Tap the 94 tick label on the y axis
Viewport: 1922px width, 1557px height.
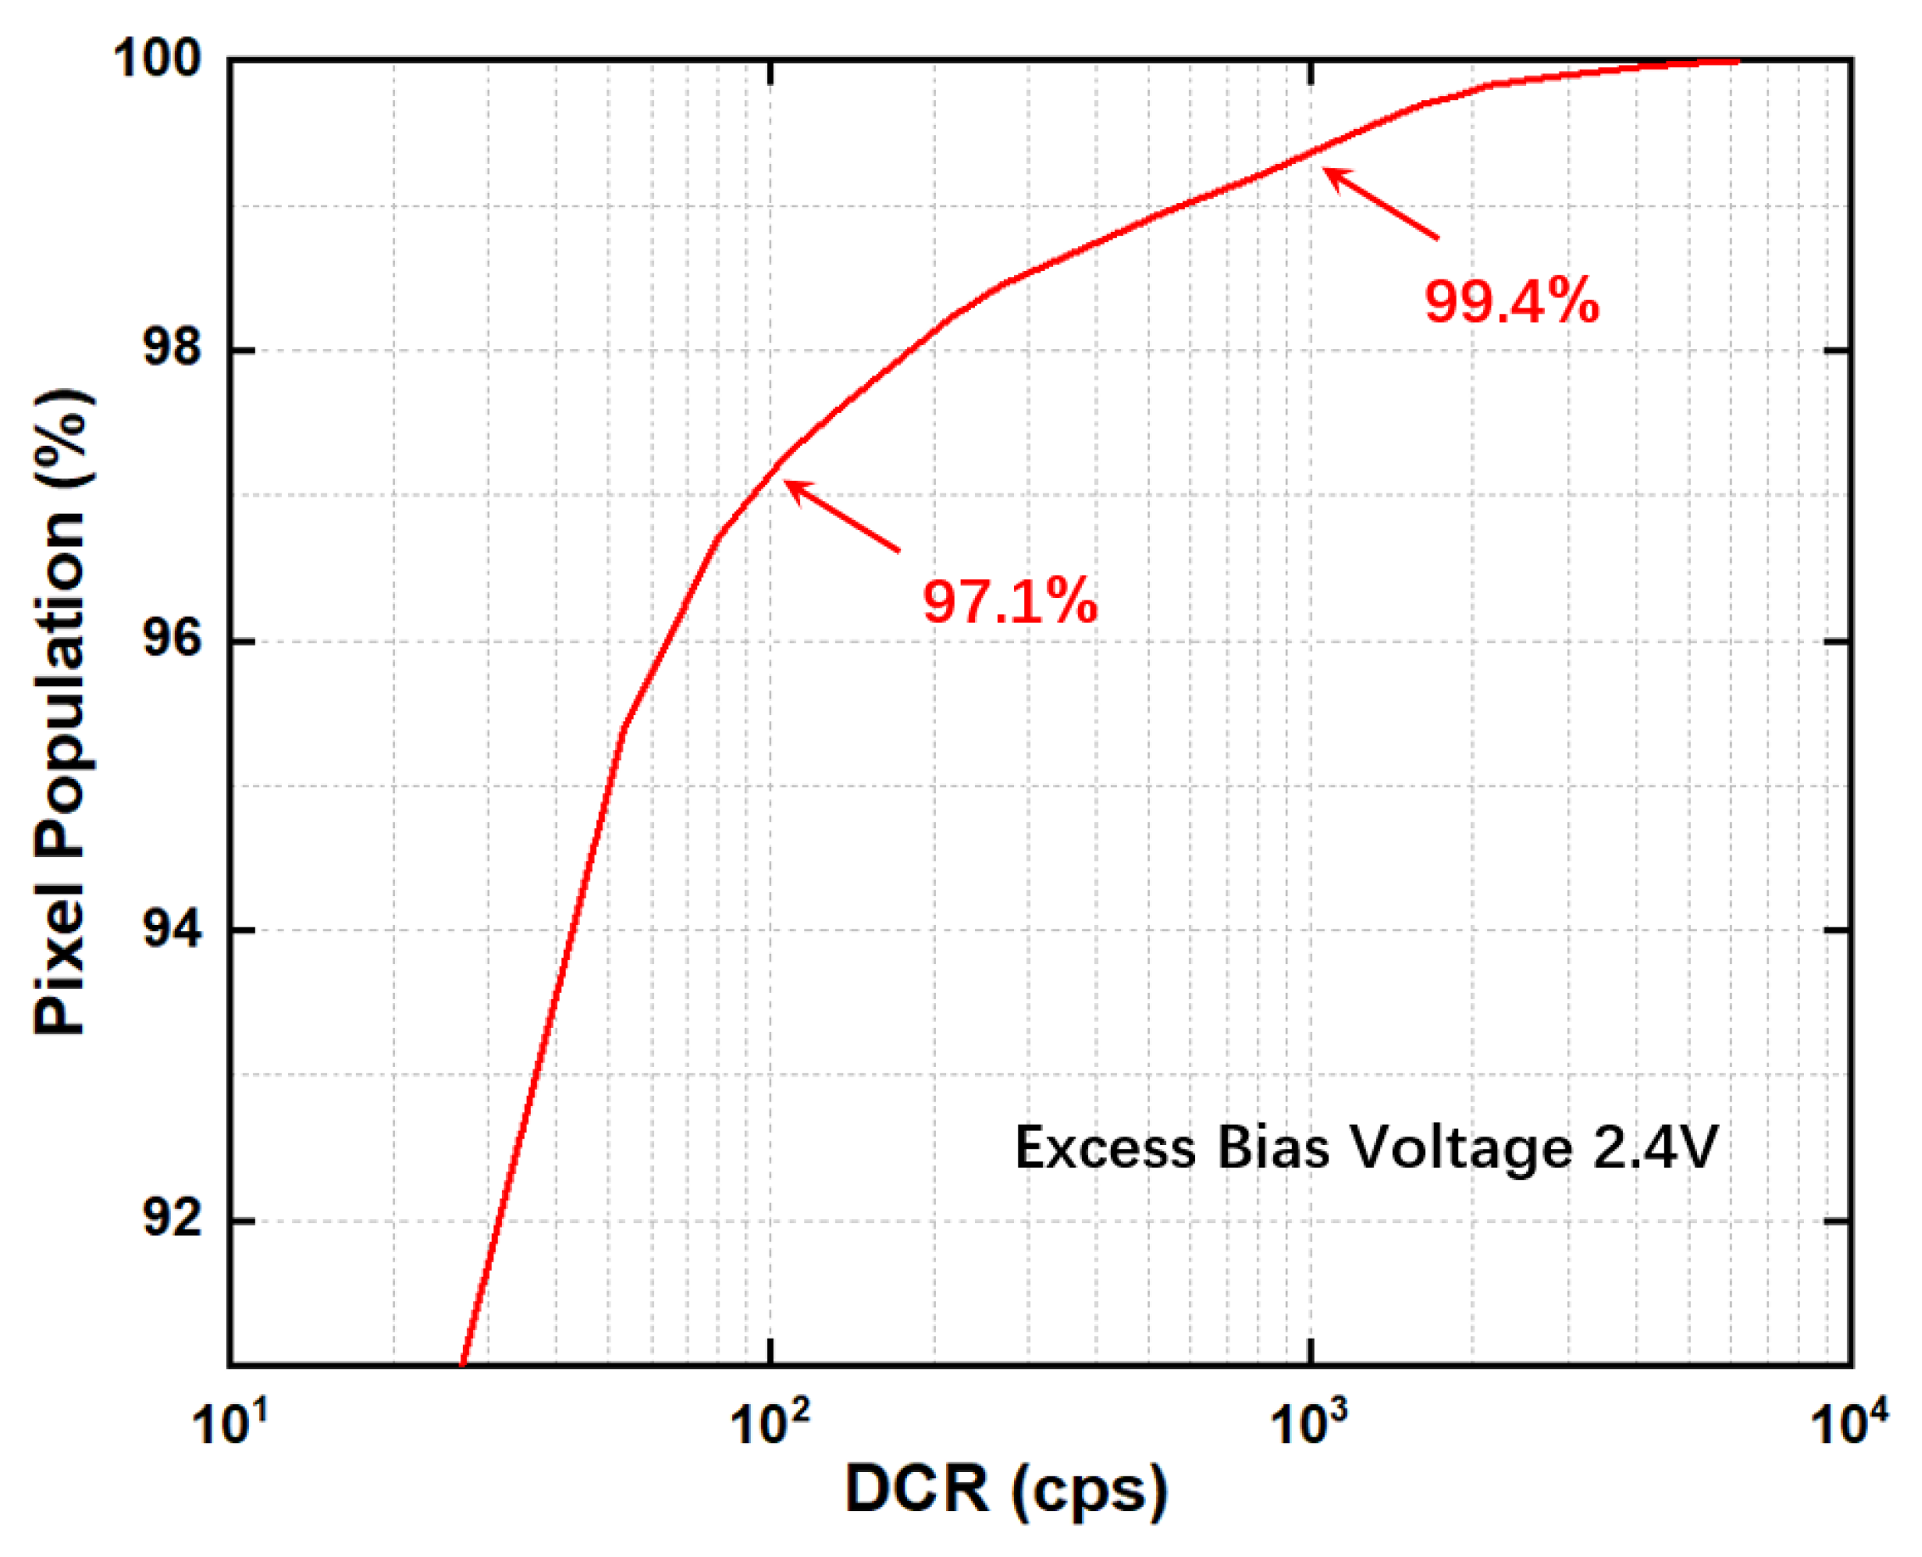point(172,929)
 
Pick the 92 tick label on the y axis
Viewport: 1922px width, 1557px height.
point(172,1220)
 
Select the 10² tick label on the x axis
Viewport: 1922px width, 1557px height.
point(769,1424)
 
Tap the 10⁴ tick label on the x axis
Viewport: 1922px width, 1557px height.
point(1849,1424)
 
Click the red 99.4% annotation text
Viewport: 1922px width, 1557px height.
point(1510,302)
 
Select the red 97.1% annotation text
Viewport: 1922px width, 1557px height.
point(1009,601)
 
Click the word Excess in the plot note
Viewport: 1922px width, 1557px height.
point(1105,1148)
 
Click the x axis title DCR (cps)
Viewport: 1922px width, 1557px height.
point(1006,1491)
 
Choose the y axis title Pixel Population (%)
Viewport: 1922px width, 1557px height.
point(61,713)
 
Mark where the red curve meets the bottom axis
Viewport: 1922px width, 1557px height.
point(462,1364)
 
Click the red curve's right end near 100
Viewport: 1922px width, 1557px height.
point(1736,61)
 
